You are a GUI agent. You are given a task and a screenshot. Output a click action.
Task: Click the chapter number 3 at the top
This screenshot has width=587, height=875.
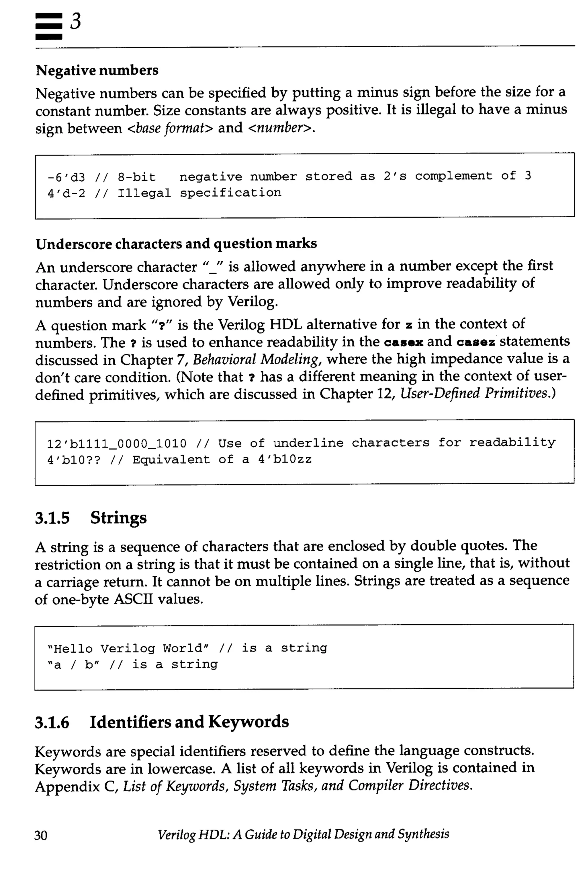tap(75, 22)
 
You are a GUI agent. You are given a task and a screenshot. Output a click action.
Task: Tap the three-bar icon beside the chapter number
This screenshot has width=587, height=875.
tap(49, 26)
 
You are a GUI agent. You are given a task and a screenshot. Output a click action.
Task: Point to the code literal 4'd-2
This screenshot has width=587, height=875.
tap(66, 194)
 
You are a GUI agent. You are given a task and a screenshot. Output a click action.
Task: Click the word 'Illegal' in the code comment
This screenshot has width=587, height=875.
tap(144, 193)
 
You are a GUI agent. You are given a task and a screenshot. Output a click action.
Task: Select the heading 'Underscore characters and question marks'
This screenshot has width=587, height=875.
tap(176, 244)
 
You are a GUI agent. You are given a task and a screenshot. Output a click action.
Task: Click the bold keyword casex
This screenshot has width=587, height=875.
tap(404, 342)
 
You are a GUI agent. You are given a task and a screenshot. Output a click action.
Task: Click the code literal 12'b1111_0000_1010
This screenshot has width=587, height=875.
tap(116, 444)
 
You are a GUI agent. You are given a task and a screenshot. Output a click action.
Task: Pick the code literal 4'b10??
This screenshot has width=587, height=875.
tap(74, 460)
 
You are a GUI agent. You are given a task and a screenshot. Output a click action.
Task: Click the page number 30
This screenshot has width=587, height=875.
tap(41, 835)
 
